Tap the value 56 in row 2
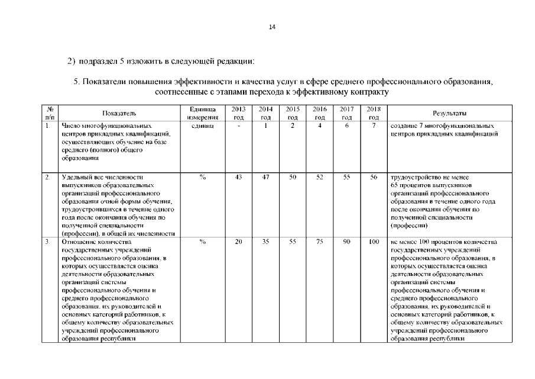coord(374,177)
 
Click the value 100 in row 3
coord(374,242)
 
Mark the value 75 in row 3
coord(320,242)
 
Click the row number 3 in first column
coord(47,242)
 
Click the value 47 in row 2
coord(266,177)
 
